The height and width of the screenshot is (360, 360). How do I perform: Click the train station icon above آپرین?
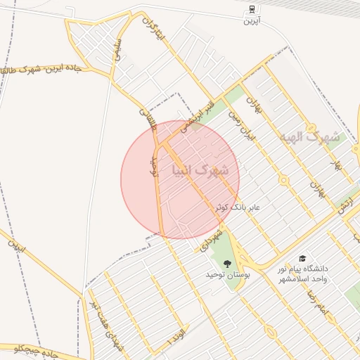click(x=251, y=10)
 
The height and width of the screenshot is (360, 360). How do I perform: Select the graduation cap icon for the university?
click(x=302, y=259)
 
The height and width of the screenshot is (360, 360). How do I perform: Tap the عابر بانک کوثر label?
click(x=237, y=208)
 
